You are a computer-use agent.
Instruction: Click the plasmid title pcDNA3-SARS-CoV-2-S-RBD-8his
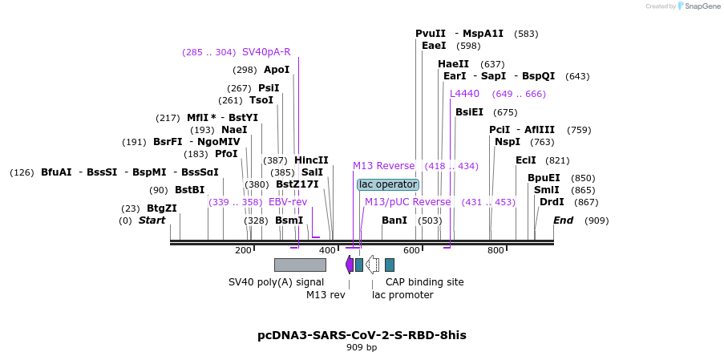[362, 334]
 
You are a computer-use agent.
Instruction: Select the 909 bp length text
[362, 348]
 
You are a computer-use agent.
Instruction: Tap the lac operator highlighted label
[388, 184]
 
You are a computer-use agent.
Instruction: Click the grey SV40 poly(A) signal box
[300, 265]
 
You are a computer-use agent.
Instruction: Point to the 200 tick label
[243, 251]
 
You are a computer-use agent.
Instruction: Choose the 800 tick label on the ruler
[495, 251]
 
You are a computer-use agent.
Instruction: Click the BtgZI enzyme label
[161, 208]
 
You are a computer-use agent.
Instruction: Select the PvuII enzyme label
[431, 34]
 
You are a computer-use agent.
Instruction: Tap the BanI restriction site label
[394, 220]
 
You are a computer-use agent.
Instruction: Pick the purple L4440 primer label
[465, 94]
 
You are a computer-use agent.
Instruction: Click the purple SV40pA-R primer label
[266, 52]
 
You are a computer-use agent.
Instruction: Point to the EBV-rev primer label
[288, 202]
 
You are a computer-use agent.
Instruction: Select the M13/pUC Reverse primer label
[407, 202]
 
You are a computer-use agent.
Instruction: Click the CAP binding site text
[424, 282]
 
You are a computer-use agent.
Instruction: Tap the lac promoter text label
[402, 295]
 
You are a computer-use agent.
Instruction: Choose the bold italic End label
[563, 220]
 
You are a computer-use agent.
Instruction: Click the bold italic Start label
[152, 220]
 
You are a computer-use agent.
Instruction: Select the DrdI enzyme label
[552, 202]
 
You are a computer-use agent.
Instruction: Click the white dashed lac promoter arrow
[372, 265]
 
